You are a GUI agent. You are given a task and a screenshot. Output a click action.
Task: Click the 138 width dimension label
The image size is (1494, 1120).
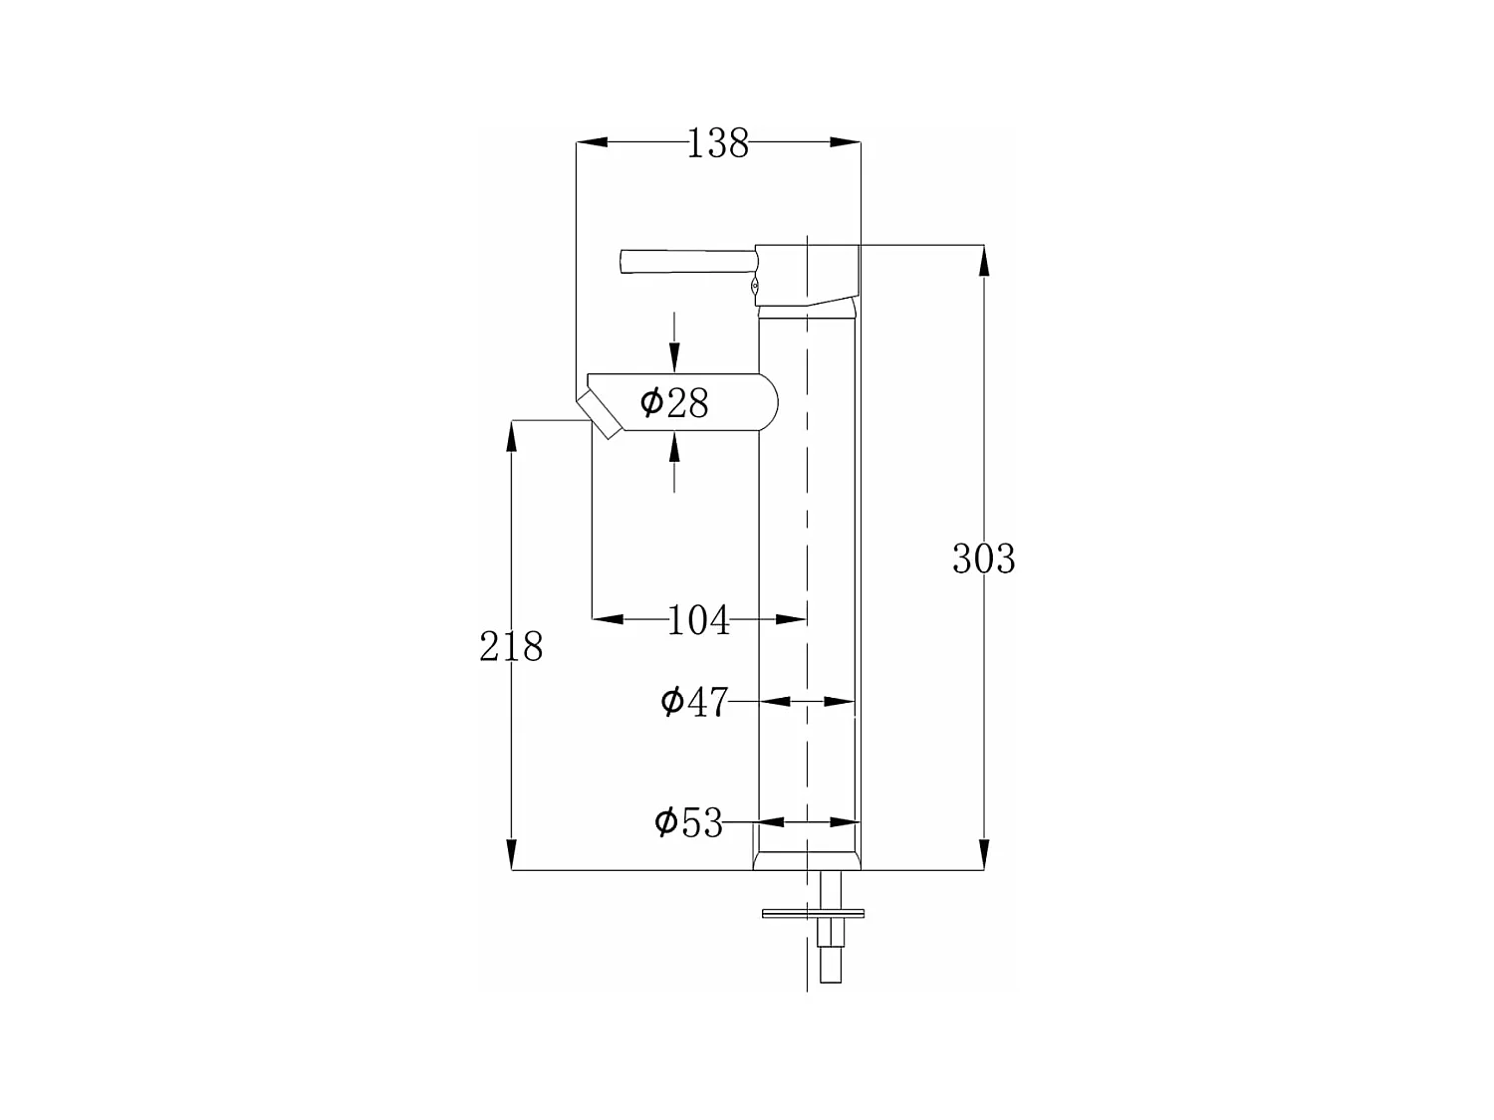click(x=717, y=144)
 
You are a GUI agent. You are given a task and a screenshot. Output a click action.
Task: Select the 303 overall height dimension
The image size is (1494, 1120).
click(x=983, y=559)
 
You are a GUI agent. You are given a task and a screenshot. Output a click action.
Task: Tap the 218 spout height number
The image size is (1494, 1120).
click(x=511, y=647)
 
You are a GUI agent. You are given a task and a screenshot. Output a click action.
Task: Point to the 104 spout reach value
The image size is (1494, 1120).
click(x=698, y=620)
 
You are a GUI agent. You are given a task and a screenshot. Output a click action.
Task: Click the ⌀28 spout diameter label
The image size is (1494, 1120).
click(x=674, y=403)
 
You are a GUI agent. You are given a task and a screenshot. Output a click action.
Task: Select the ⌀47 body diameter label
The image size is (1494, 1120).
click(x=694, y=702)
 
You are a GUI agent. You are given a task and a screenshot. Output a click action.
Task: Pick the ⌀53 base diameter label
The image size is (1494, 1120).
click(x=688, y=822)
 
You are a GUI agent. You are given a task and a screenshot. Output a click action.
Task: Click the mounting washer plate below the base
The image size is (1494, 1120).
click(x=813, y=912)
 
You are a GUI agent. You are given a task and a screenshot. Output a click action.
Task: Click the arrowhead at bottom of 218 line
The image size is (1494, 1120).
click(x=512, y=854)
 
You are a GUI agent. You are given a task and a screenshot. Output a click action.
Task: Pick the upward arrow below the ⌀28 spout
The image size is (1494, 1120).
click(x=674, y=450)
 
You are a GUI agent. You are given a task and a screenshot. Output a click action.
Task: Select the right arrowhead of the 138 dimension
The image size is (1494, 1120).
click(x=845, y=143)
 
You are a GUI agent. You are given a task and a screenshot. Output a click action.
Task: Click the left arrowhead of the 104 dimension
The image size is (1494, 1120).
click(x=609, y=619)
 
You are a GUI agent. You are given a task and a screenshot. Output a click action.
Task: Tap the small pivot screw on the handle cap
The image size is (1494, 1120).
click(x=754, y=286)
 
